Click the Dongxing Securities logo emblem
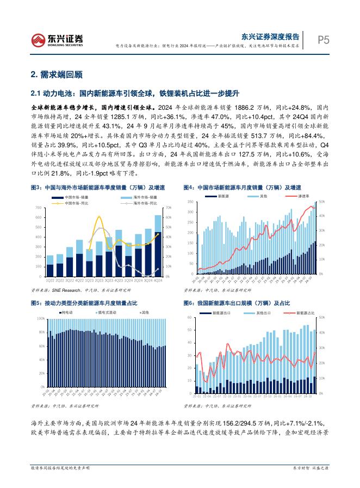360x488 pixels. click(38, 39)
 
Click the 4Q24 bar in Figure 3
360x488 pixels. click(158, 247)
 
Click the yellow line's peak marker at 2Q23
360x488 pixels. click(99, 217)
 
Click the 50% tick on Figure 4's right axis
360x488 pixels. click(322, 202)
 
